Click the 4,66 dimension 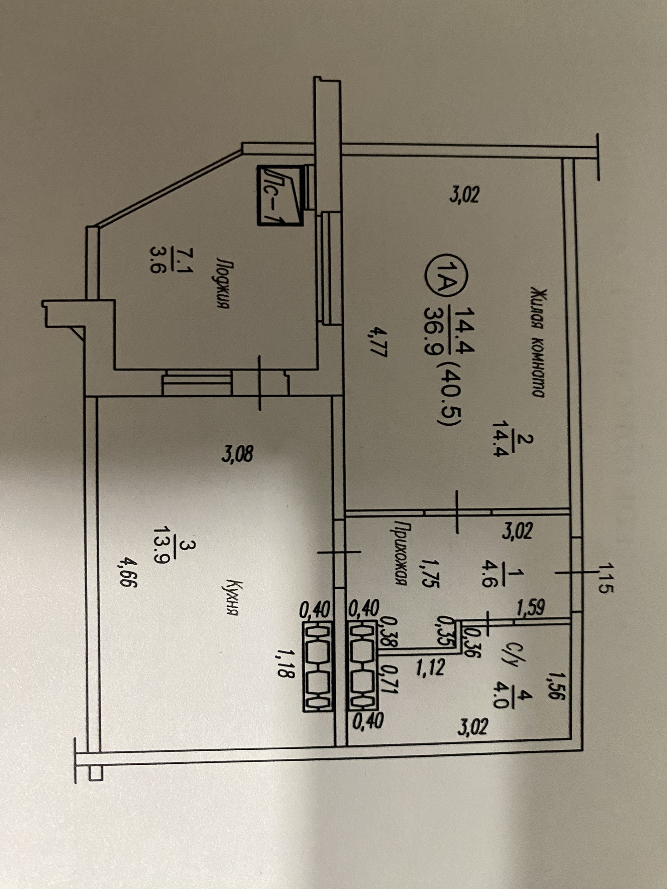pyautogui.click(x=126, y=578)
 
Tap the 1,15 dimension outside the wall pyautogui.click(x=606, y=578)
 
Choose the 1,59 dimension pyautogui.click(x=531, y=608)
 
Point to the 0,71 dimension pyautogui.click(x=390, y=679)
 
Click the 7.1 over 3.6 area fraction pyautogui.click(x=172, y=259)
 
